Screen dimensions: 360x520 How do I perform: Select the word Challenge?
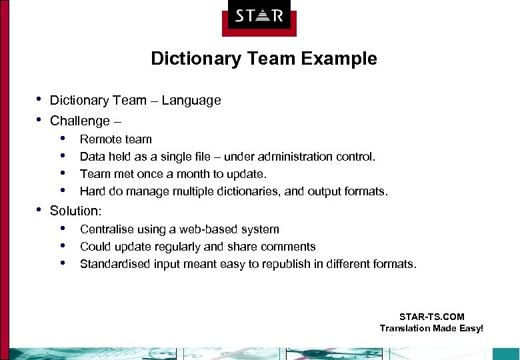pyautogui.click(x=80, y=121)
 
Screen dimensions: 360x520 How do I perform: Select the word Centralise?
pyautogui.click(x=107, y=229)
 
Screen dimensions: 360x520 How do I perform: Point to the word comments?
pyautogui.click(x=289, y=247)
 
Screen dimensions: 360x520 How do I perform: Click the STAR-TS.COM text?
pyautogui.click(x=431, y=317)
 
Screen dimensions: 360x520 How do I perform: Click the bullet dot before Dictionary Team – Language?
pyautogui.click(x=39, y=99)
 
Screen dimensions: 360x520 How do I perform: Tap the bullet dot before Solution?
pyautogui.click(x=39, y=209)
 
